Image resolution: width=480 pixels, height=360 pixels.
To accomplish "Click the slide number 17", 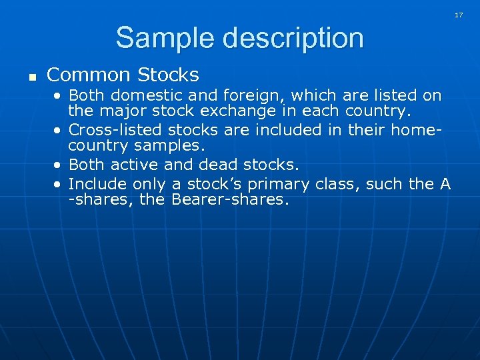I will (459, 14).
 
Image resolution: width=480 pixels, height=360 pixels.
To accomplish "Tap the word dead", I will (227, 164).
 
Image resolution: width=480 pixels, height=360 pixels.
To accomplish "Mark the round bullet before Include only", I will (59, 184).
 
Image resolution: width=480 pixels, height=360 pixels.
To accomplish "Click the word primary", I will (279, 184).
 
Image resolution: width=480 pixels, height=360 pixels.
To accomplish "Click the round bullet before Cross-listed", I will (59, 130).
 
